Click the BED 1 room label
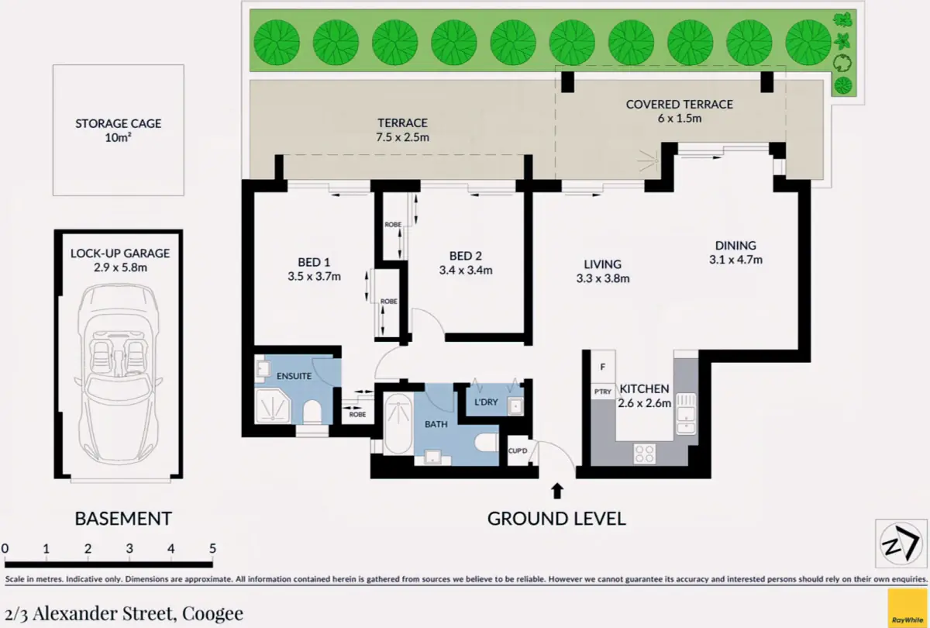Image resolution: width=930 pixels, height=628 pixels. [314, 262]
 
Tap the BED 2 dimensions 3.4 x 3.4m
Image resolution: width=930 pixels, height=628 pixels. [466, 270]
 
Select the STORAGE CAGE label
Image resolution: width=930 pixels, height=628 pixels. [119, 123]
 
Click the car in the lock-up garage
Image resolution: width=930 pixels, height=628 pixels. [119, 374]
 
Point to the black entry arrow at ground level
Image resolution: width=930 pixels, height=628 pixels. [557, 491]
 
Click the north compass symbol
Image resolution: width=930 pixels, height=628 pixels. [901, 543]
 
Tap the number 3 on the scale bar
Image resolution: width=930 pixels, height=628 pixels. [129, 549]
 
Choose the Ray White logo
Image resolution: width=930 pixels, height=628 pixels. [908, 609]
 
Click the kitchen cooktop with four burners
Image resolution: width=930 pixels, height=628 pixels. [644, 454]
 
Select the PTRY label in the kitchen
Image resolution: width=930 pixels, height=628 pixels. [602, 392]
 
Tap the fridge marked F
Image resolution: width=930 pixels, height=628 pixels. [603, 366]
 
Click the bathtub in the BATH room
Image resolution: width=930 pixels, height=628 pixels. [398, 423]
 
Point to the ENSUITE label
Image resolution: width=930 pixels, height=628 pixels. [294, 376]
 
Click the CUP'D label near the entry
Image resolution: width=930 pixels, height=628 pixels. [518, 450]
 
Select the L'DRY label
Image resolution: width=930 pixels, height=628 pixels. [486, 402]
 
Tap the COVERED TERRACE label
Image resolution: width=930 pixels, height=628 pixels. [679, 104]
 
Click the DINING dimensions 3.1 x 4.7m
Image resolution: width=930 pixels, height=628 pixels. [735, 260]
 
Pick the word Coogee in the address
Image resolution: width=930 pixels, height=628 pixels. [212, 613]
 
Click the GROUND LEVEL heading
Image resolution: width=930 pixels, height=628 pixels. [556, 519]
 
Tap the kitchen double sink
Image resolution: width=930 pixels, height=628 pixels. [686, 414]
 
